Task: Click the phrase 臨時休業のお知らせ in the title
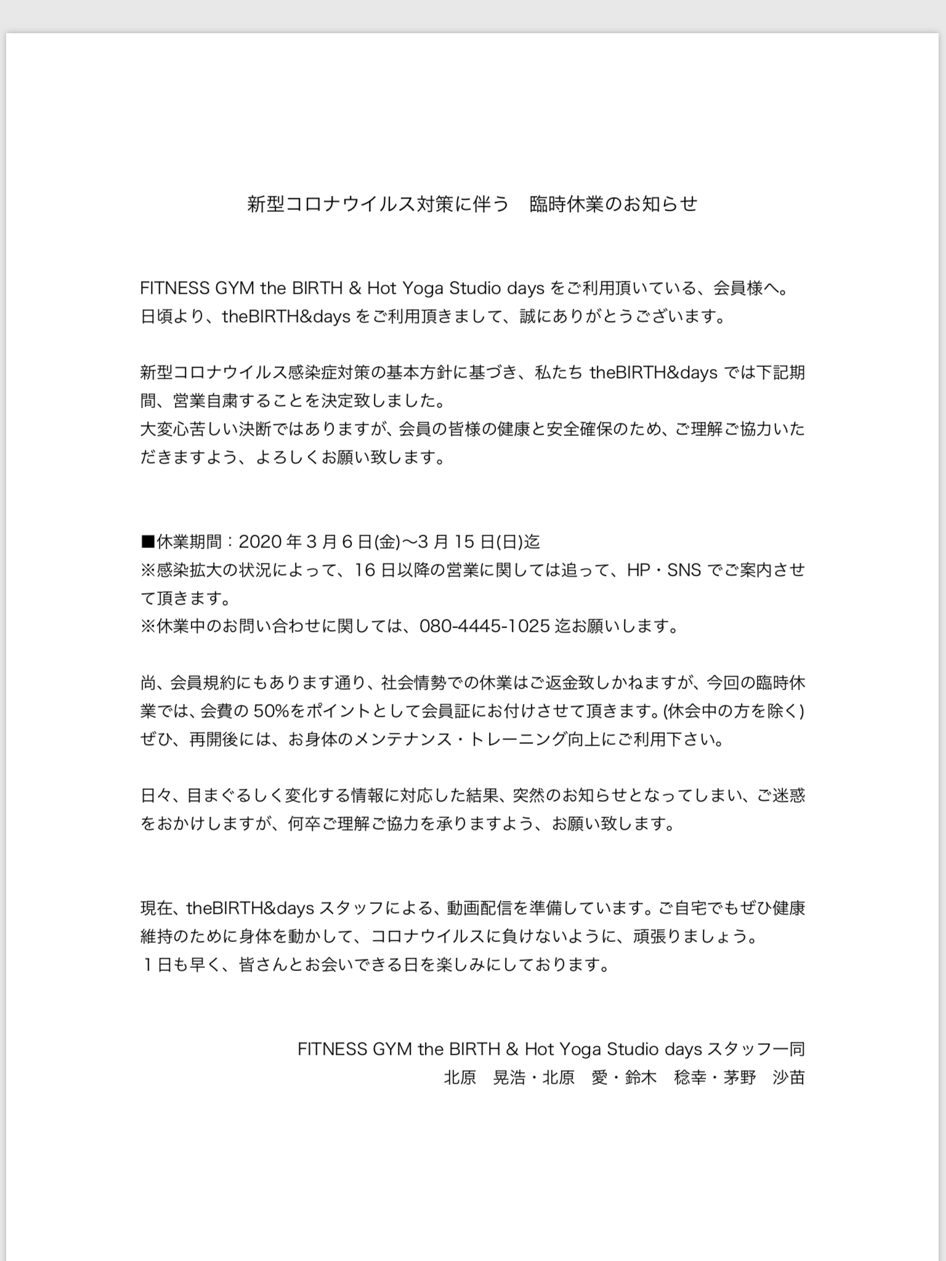coord(613,204)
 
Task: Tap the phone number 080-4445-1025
coord(484,626)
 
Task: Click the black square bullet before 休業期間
coord(147,542)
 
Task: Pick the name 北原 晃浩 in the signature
coord(484,1078)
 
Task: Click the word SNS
coord(684,570)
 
